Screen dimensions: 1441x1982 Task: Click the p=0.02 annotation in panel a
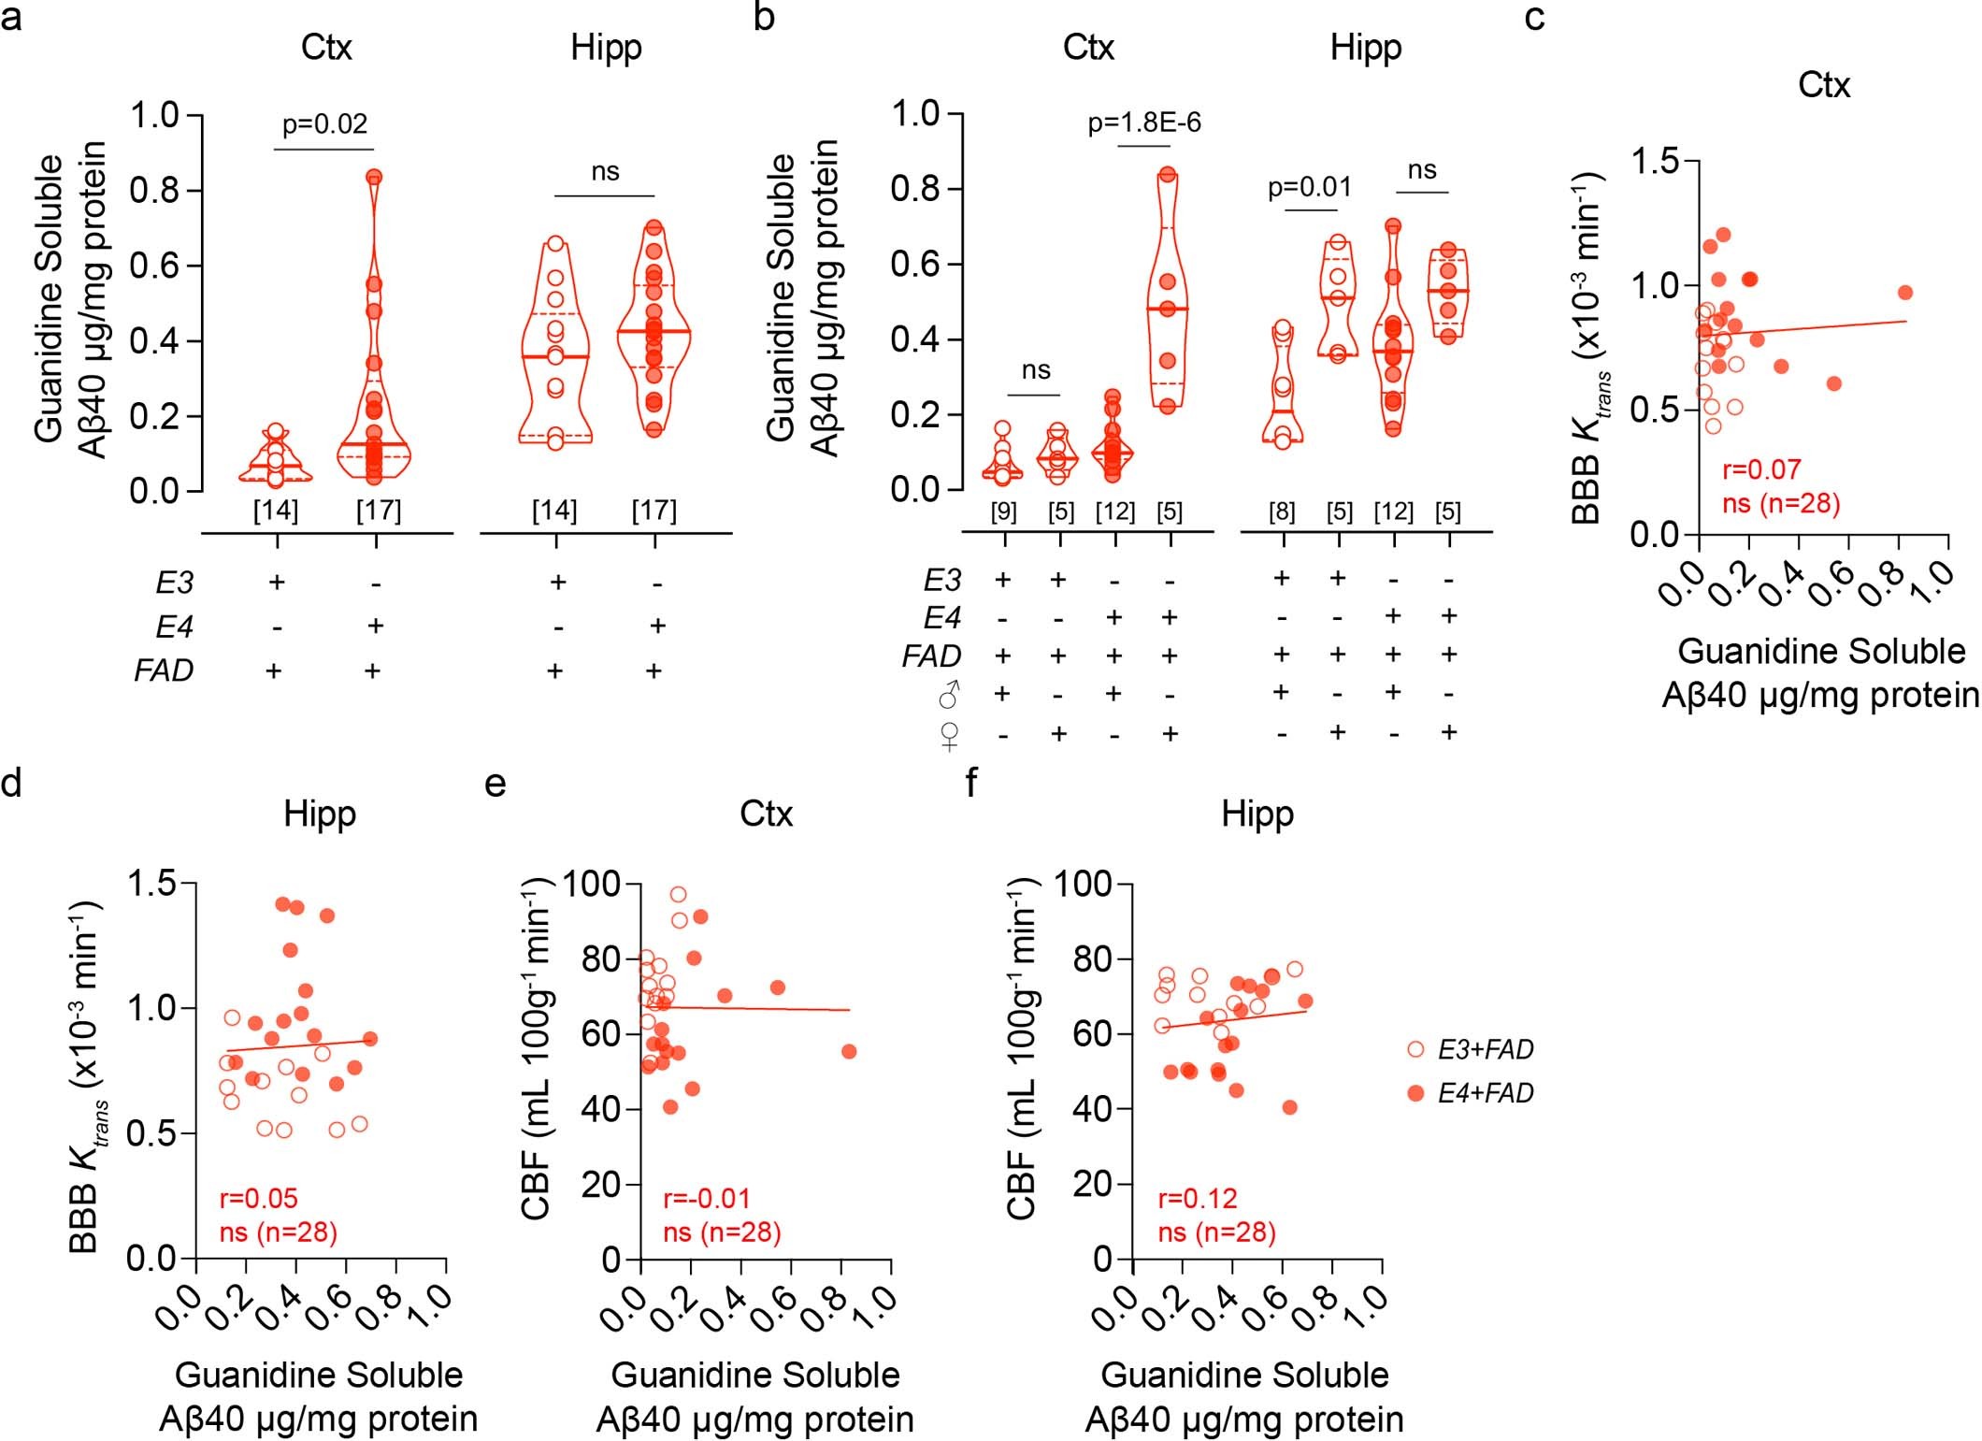tap(324, 124)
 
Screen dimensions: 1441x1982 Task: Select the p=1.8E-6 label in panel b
tap(1144, 122)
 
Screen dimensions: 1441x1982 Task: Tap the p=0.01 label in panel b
tap(1310, 188)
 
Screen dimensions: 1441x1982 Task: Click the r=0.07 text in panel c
tap(1761, 469)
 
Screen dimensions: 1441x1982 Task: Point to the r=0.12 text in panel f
tap(1198, 1198)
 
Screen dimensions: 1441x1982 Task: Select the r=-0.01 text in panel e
tap(707, 1198)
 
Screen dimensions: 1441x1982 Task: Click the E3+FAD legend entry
tap(1485, 1049)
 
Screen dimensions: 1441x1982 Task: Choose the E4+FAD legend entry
tap(1485, 1092)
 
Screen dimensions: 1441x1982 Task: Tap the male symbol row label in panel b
tap(949, 695)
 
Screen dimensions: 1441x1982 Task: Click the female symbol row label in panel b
tap(949, 735)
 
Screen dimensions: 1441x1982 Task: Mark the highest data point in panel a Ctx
tap(374, 177)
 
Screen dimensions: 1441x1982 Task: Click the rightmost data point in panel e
tap(849, 1051)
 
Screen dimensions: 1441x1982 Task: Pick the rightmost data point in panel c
tap(1905, 293)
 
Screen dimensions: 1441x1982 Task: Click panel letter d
tap(11, 782)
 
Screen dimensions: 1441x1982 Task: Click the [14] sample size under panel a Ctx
tap(275, 511)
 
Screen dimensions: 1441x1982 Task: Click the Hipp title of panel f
tap(1257, 814)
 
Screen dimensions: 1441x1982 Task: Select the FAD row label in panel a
tap(164, 670)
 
